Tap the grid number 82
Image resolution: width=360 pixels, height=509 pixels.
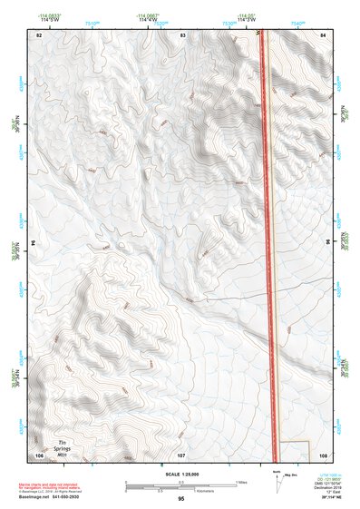click(x=39, y=34)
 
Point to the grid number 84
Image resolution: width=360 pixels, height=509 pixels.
click(x=323, y=34)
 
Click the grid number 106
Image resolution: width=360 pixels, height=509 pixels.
click(x=39, y=455)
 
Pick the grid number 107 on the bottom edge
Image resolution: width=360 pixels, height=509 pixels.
click(x=181, y=455)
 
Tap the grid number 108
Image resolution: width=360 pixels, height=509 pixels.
click(x=323, y=455)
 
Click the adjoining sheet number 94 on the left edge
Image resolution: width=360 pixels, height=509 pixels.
click(x=34, y=243)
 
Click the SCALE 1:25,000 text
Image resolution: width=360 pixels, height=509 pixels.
click(x=182, y=474)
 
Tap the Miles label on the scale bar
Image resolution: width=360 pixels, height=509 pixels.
click(x=240, y=481)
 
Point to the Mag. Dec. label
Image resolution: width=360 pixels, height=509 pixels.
click(x=289, y=474)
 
